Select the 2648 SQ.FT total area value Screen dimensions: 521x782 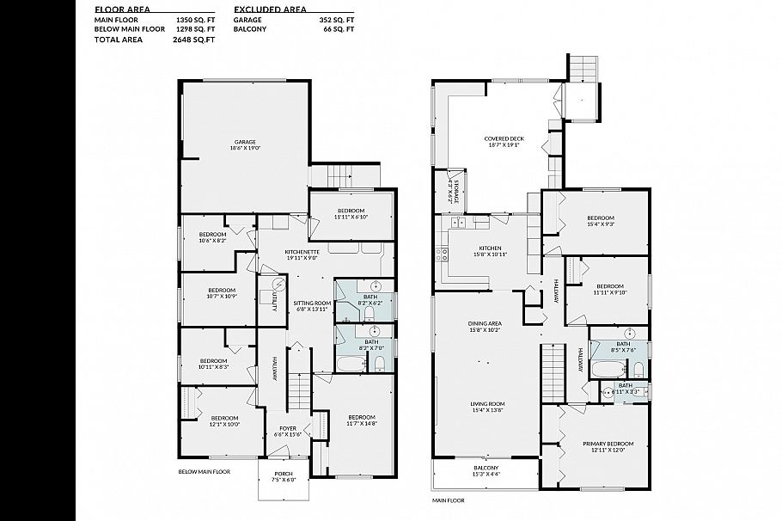tap(192, 39)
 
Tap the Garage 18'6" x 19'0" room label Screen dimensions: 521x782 tap(245, 144)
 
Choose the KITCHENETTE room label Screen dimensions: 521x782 tap(301, 254)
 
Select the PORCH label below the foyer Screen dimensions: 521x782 tap(283, 476)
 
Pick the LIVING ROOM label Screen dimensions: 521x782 tap(486, 407)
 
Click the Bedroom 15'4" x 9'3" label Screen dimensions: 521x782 tap(600, 221)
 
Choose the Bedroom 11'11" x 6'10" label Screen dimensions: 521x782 tap(351, 213)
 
